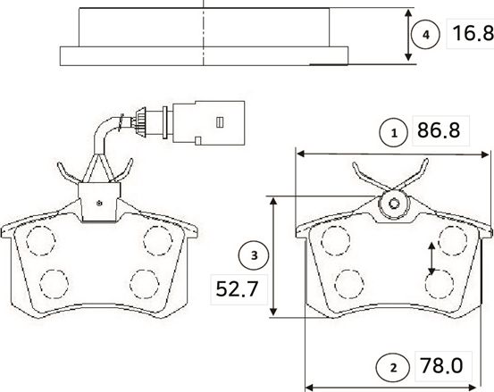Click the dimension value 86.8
click(439, 132)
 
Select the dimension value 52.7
click(230, 288)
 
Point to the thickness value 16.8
click(470, 35)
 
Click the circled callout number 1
click(391, 133)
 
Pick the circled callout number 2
click(391, 366)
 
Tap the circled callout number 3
click(254, 256)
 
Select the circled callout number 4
click(426, 35)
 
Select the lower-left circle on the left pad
click(54, 282)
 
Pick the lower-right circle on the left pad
click(144, 282)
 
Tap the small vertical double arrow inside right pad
click(432, 259)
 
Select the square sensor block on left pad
click(98, 201)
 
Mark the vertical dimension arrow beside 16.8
click(408, 36)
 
